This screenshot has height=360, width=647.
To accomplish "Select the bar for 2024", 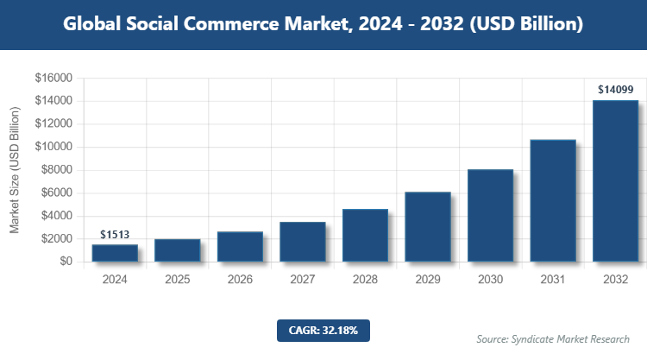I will (x=115, y=252).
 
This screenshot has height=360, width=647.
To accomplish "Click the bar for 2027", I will (x=303, y=241).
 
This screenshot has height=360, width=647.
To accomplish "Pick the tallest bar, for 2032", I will (x=615, y=180).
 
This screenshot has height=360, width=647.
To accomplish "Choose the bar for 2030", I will (x=490, y=215).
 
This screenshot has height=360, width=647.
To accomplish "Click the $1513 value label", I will (x=115, y=234).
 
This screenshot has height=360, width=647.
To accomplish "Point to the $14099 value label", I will (x=615, y=89).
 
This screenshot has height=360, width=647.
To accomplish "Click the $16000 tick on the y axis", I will (x=53, y=78).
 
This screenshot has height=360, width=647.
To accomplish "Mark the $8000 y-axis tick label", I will (x=55, y=170).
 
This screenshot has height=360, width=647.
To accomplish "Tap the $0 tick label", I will (x=66, y=262).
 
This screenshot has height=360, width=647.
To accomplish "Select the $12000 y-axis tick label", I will (x=53, y=124).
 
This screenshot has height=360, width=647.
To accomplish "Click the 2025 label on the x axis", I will (x=178, y=280).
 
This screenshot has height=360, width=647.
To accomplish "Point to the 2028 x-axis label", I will (x=365, y=280).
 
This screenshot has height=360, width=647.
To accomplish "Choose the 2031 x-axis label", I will (x=553, y=280).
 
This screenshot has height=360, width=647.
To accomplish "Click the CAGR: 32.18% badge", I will (x=323, y=330).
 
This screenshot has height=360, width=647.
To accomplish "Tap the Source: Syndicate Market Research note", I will (x=553, y=338).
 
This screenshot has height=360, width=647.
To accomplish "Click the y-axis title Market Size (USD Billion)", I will (x=15, y=170).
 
